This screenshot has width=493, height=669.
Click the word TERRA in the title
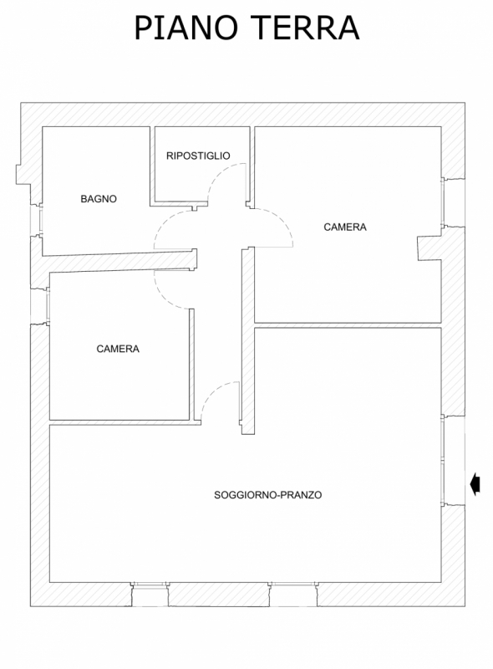305,28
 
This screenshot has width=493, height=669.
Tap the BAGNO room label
99,199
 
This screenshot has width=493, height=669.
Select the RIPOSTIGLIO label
198,156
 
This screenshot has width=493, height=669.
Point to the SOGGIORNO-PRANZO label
268,495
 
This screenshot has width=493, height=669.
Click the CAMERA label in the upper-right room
345,227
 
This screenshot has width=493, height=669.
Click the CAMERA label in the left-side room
118,349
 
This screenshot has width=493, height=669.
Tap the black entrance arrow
475,485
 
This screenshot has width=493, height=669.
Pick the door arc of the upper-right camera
282,222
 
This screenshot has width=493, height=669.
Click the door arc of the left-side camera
163,298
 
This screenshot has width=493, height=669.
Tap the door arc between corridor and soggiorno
211,392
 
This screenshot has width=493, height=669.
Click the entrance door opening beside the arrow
453,460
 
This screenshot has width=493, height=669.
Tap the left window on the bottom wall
150,594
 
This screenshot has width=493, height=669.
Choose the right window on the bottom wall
293,594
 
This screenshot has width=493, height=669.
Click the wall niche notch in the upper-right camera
429,248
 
